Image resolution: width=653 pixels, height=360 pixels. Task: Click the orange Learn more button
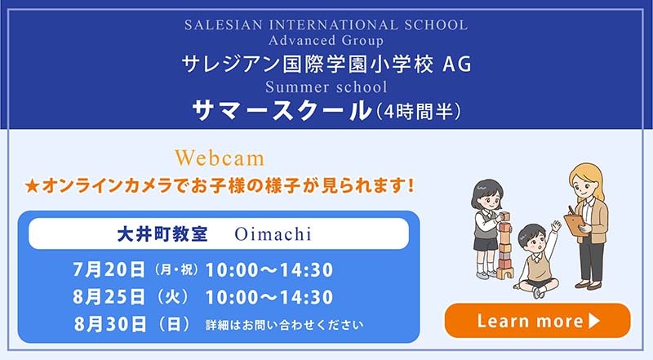tap(537, 321)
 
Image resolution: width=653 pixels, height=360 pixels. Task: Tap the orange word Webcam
tap(220, 158)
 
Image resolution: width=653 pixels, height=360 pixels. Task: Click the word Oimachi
tap(273, 233)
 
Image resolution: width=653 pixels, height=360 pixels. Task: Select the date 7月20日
tap(109, 269)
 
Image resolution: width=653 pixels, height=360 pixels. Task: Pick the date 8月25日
tap(109, 297)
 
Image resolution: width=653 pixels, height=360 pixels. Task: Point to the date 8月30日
tap(110, 324)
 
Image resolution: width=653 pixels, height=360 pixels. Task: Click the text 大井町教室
tap(162, 234)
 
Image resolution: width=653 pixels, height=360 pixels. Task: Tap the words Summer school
tap(326, 87)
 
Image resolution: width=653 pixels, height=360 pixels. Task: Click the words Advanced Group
tap(326, 41)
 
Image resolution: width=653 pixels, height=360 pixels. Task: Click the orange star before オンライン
tap(32, 186)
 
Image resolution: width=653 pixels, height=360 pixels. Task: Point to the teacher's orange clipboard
tap(577, 224)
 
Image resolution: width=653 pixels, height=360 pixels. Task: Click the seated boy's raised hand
tap(556, 227)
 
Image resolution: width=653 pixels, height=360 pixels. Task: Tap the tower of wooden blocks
tap(504, 246)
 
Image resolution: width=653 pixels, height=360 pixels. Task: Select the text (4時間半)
tap(418, 112)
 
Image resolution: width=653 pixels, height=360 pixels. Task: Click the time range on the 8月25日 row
tap(269, 297)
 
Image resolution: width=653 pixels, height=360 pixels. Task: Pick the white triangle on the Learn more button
tap(594, 321)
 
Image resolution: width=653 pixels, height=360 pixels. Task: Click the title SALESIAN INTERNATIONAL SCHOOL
tap(326, 24)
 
